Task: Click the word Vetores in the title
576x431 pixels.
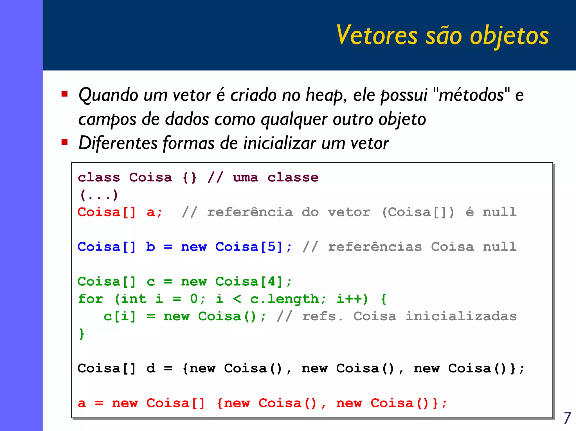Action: (x=377, y=35)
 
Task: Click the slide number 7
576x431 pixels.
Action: (x=568, y=418)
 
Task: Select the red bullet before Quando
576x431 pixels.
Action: (x=65, y=94)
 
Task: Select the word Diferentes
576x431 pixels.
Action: (x=118, y=143)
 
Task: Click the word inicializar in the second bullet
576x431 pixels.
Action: (x=280, y=143)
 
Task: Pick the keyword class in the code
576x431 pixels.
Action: (x=99, y=178)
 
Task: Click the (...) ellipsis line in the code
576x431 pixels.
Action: (x=99, y=195)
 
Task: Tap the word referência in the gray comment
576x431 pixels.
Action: (x=250, y=212)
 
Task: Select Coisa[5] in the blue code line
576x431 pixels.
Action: (x=249, y=247)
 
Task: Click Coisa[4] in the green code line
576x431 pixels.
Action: (x=249, y=282)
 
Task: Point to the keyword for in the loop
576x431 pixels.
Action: (x=91, y=299)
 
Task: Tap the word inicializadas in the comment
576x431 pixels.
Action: (x=461, y=316)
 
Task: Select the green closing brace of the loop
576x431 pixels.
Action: (x=82, y=334)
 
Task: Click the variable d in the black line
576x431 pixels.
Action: (x=151, y=368)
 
